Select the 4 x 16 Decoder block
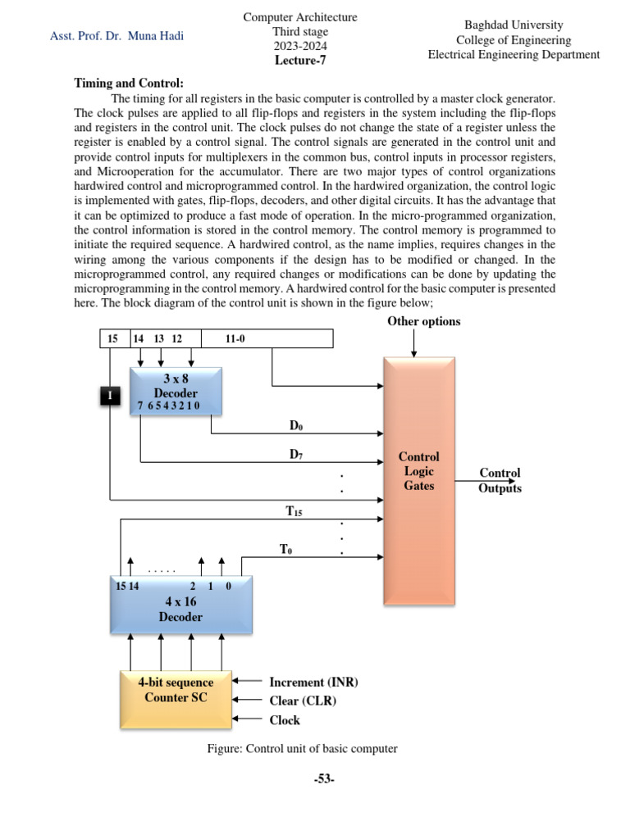(x=180, y=605)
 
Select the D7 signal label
(x=297, y=453)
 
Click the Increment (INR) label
(x=313, y=682)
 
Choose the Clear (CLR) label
(x=303, y=701)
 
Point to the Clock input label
(x=285, y=720)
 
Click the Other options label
(x=423, y=321)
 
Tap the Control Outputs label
(x=500, y=481)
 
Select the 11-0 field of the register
(x=235, y=338)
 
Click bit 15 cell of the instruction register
(x=113, y=338)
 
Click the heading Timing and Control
(x=130, y=84)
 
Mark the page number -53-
(x=323, y=779)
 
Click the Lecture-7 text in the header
(x=300, y=60)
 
